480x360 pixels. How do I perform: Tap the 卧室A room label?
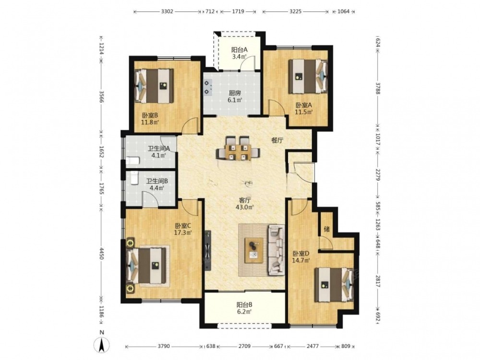click(x=304, y=105)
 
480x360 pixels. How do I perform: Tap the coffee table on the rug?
click(x=254, y=250)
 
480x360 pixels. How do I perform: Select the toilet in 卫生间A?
click(x=132, y=160)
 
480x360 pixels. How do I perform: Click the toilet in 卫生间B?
click(x=134, y=178)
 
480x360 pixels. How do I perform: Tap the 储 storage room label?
click(x=326, y=228)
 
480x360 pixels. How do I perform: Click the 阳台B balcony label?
click(x=244, y=305)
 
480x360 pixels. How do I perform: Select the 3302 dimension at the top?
click(x=167, y=12)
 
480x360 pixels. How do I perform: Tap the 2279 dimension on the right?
click(x=378, y=175)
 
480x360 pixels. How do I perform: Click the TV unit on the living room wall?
click(x=208, y=251)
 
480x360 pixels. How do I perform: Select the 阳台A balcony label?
click(x=240, y=49)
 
